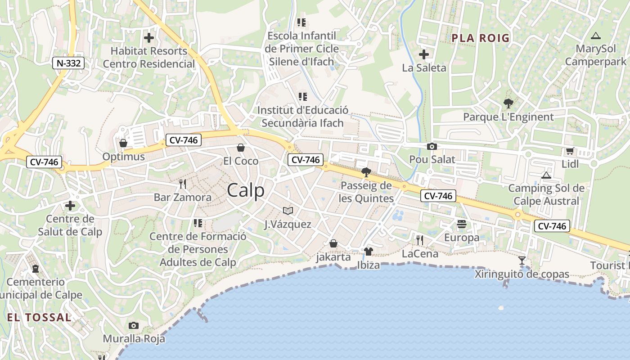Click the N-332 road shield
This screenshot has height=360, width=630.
point(68,63)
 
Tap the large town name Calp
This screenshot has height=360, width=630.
point(246,190)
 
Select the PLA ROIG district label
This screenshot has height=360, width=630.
point(481,38)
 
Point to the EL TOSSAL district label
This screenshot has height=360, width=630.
point(39,317)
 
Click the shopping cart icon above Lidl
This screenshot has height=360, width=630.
point(570,151)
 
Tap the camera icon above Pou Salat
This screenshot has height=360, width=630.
point(432,146)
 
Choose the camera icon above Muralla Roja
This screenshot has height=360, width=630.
point(134,325)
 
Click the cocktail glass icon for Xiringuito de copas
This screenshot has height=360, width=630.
point(522,260)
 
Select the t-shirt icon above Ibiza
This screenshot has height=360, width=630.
point(368,252)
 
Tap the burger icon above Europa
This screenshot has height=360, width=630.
point(462,224)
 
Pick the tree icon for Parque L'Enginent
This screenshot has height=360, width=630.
point(508,103)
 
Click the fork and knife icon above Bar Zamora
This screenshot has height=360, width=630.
point(182,184)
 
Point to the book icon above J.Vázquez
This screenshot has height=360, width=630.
point(288,211)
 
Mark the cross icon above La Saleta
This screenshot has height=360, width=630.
point(424,54)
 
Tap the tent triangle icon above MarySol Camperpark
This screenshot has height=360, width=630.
point(596,36)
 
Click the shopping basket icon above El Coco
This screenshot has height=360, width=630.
point(241,148)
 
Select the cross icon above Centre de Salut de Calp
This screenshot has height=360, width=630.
point(70,206)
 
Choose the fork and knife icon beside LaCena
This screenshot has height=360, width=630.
point(420,240)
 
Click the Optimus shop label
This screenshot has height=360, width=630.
point(124,157)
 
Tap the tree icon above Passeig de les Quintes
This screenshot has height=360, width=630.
point(366,172)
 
